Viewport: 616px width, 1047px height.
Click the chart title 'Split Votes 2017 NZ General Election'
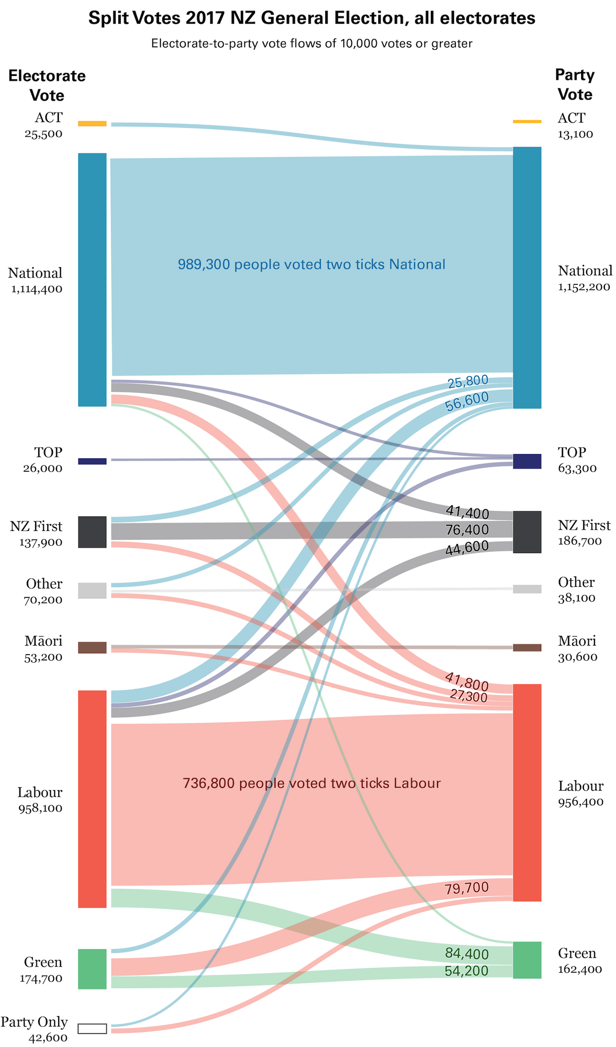[x=311, y=19]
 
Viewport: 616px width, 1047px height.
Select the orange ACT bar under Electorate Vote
[x=92, y=124]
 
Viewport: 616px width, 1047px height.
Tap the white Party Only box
[x=92, y=1028]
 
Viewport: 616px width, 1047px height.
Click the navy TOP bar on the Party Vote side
[x=527, y=461]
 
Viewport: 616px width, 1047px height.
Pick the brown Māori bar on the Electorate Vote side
[x=92, y=648]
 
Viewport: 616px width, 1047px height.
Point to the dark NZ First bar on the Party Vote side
[x=527, y=532]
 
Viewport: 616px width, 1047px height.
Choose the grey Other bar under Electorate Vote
[x=92, y=591]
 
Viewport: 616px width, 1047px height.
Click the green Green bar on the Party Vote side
[x=527, y=960]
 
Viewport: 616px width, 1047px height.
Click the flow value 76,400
[x=467, y=529]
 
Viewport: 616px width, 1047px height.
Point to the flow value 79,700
[x=467, y=888]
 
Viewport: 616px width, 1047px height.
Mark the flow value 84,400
[x=467, y=954]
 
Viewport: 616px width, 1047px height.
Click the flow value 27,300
[x=468, y=697]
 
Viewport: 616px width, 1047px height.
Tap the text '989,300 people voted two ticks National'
[x=311, y=264]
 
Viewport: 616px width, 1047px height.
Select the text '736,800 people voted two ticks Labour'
[x=311, y=783]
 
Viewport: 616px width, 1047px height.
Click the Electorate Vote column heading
[x=47, y=86]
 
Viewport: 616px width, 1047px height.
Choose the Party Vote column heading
[x=575, y=85]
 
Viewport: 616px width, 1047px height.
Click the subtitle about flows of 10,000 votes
[x=311, y=44]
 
